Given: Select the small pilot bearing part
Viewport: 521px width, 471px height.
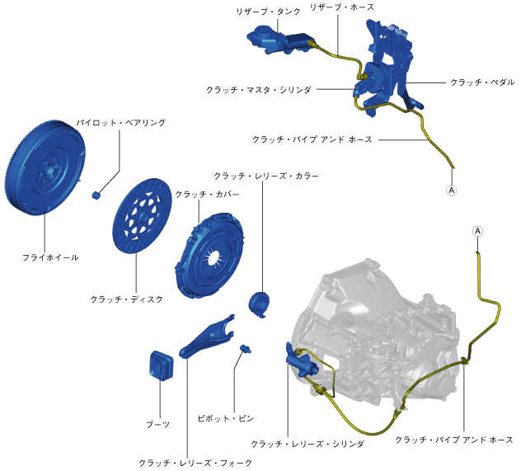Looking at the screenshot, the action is [96, 195].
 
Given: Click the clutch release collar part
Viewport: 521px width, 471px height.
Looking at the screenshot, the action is [260, 302].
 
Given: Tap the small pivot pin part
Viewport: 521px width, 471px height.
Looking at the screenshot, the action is [243, 350].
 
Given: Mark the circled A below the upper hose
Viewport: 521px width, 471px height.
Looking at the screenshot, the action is [451, 189].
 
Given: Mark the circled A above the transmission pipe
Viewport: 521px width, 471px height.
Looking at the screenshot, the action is [478, 231].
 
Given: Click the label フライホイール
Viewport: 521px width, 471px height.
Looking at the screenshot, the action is [50, 257].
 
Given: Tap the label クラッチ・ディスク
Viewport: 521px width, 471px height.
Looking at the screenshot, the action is [127, 299].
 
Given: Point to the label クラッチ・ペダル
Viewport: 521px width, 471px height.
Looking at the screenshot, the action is [482, 82].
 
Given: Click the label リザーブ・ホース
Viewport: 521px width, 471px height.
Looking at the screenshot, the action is [341, 7].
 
